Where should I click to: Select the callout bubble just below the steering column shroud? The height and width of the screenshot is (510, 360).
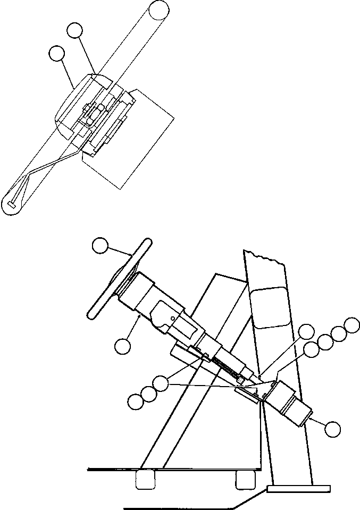[122, 345]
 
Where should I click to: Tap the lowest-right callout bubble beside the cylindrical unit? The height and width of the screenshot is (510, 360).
[332, 429]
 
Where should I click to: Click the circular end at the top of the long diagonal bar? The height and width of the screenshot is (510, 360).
[159, 10]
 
